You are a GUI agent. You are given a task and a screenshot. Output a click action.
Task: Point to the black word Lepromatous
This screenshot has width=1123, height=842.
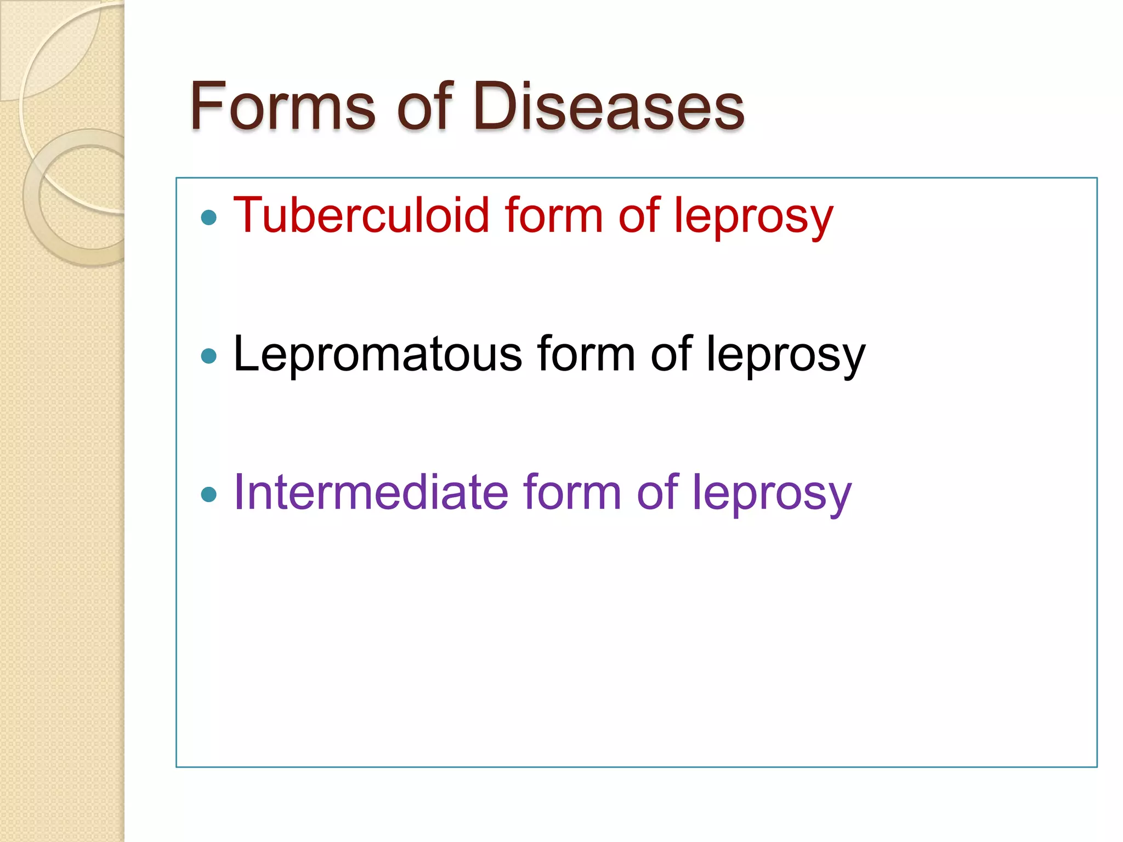(377, 354)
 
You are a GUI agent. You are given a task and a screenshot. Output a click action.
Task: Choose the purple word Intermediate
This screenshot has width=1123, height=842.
(370, 492)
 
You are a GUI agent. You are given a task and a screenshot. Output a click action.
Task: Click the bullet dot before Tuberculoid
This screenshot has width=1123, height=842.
(209, 218)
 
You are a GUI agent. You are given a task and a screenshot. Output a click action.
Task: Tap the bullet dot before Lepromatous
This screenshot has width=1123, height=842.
(209, 357)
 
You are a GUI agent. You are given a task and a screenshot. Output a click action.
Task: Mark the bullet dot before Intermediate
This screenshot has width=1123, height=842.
(209, 495)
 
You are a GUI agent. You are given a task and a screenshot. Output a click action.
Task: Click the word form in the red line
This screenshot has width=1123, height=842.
(554, 215)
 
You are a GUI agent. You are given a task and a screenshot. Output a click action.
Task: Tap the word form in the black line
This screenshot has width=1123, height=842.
(586, 354)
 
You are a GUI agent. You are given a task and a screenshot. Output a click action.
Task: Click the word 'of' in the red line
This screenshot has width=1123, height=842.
(639, 215)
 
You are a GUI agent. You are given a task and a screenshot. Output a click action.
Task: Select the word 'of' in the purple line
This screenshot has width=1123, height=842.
(657, 492)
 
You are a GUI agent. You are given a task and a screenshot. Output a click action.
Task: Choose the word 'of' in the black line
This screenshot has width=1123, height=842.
(671, 354)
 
